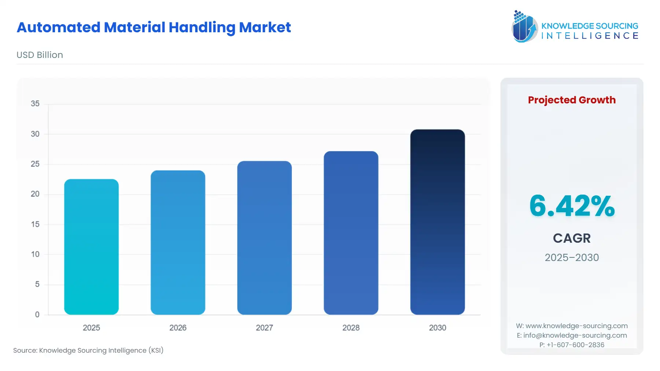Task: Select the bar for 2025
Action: click(x=91, y=247)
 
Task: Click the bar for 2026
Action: click(x=178, y=242)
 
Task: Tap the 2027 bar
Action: click(x=264, y=238)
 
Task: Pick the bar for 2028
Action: click(x=351, y=233)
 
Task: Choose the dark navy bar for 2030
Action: click(x=437, y=222)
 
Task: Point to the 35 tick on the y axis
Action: click(x=35, y=104)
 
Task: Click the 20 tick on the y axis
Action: click(x=35, y=194)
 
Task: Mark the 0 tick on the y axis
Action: click(x=37, y=315)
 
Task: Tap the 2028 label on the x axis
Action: click(x=351, y=328)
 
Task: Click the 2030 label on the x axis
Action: click(x=437, y=328)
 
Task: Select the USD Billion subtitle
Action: click(x=40, y=55)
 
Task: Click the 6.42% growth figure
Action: click(x=572, y=206)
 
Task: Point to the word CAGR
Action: click(x=572, y=238)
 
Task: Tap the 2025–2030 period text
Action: click(x=572, y=258)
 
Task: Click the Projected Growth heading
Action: click(x=572, y=100)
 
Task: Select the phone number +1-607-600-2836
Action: click(x=575, y=345)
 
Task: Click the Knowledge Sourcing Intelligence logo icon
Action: click(x=524, y=26)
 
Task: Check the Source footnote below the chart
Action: click(x=88, y=350)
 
